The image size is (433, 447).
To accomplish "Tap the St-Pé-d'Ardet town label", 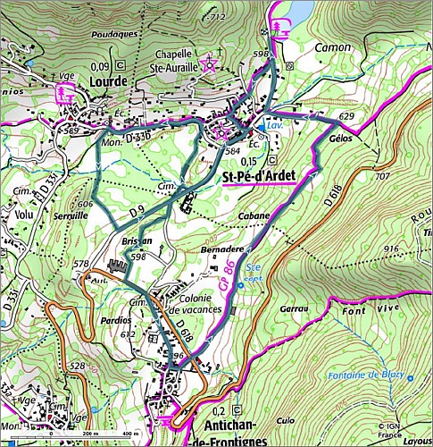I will coord(263,175).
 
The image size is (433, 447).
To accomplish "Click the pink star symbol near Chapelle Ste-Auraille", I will coord(210,63).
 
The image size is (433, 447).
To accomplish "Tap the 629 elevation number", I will coord(347,117).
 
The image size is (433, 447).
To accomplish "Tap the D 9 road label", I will coord(136,212).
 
